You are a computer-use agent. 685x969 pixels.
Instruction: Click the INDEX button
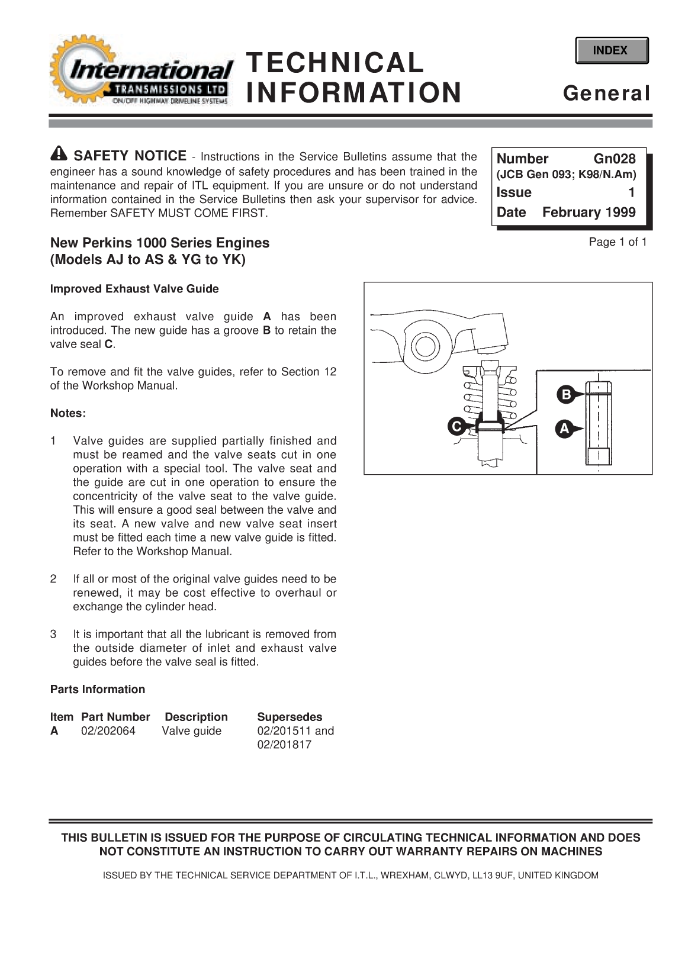[x=611, y=50]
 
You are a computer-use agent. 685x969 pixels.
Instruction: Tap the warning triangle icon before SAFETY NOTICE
[x=59, y=154]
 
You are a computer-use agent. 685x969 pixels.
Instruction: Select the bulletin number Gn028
[x=614, y=159]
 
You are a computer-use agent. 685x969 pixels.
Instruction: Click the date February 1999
[x=588, y=213]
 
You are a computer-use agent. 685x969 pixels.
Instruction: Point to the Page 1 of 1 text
[x=618, y=242]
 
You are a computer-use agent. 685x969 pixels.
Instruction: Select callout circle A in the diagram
[x=564, y=429]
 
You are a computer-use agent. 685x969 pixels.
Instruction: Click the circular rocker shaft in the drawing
[x=424, y=346]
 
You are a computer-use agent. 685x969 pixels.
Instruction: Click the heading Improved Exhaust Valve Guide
[x=134, y=289]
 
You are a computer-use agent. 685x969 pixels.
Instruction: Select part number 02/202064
[x=108, y=731]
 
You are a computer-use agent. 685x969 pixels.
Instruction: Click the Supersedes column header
[x=290, y=717]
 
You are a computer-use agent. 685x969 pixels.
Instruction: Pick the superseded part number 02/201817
[x=284, y=745]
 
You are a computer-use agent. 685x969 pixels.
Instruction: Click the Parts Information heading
[x=98, y=690]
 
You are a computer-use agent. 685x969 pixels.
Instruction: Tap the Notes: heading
[x=68, y=413]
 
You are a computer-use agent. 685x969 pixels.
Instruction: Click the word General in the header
[x=606, y=94]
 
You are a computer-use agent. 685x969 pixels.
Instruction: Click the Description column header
[x=196, y=717]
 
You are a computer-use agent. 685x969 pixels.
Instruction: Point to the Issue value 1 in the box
[x=631, y=192]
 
